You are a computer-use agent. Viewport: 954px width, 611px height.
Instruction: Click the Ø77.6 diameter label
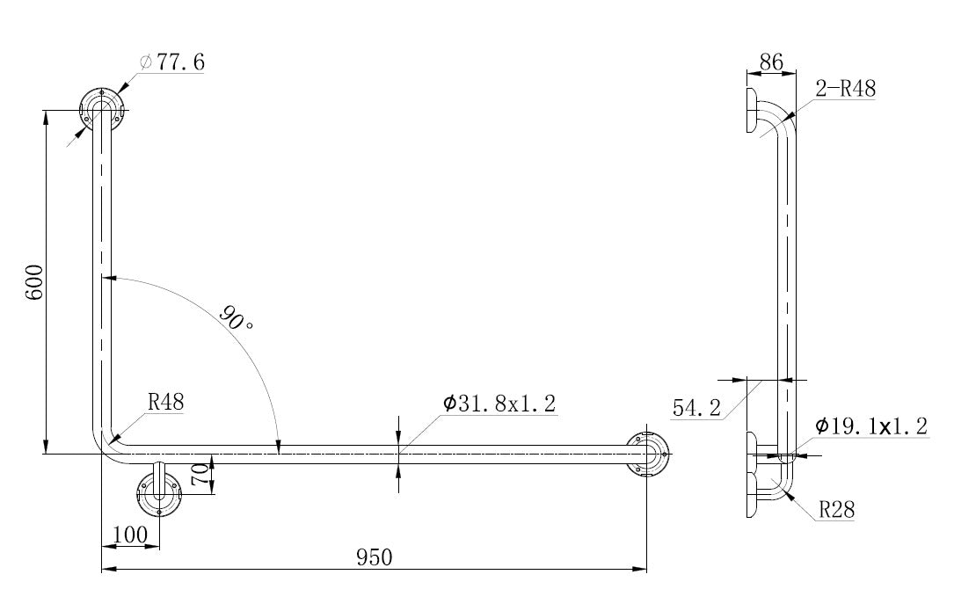pyautogui.click(x=172, y=62)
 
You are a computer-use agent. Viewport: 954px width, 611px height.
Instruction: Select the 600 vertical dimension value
pyautogui.click(x=34, y=282)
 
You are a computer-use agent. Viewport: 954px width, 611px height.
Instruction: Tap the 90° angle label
pyautogui.click(x=235, y=317)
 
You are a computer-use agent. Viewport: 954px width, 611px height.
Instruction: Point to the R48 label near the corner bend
pyautogui.click(x=165, y=403)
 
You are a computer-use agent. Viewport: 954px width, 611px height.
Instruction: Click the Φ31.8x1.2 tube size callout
pyautogui.click(x=499, y=404)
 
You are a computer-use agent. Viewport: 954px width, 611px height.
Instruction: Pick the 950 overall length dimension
pyautogui.click(x=375, y=557)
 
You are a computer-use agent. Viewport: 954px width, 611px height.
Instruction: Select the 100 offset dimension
pyautogui.click(x=130, y=535)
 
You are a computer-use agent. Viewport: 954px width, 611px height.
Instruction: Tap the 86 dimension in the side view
pyautogui.click(x=771, y=62)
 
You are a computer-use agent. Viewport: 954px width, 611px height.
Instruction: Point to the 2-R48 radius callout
pyautogui.click(x=845, y=89)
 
